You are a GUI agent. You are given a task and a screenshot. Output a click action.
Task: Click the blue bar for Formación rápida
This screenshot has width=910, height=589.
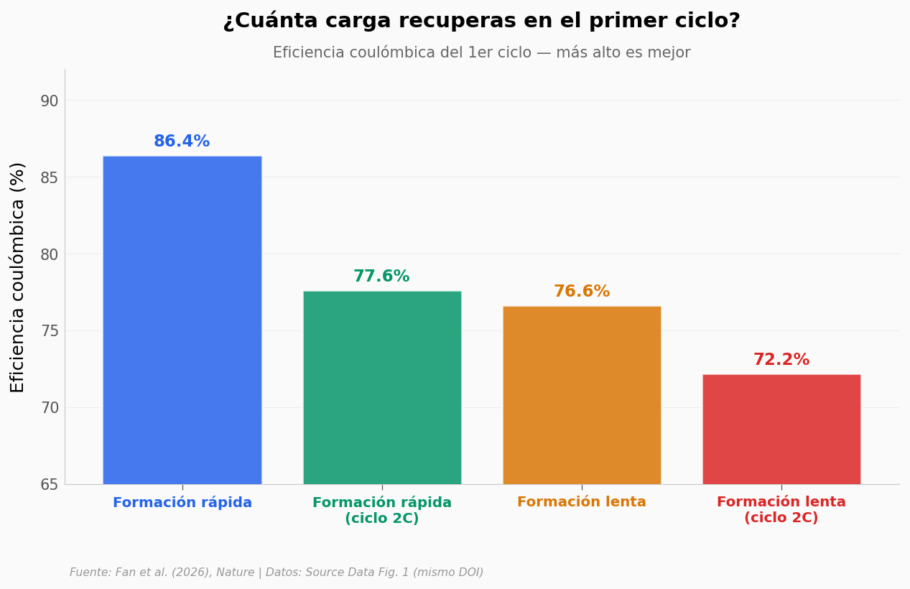pos(182,320)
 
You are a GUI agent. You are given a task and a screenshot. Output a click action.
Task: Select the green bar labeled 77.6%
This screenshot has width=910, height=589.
pos(382,388)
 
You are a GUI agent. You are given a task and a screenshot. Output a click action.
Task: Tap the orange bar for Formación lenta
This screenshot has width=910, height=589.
pos(582,395)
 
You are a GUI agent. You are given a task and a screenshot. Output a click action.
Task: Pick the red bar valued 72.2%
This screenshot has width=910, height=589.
pos(781,430)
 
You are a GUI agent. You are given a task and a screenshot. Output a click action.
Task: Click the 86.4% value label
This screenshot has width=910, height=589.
pos(182,141)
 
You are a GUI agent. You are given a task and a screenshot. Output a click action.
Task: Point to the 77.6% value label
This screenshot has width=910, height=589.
pos(381,276)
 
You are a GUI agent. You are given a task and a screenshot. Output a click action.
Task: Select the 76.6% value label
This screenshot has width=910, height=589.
pos(582,291)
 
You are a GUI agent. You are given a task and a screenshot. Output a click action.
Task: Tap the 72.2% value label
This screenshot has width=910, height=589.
pos(781,359)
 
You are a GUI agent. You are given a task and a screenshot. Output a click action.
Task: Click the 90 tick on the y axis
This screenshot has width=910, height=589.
pos(49,101)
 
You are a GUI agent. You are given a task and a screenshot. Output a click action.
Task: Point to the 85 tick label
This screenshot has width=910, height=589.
pos(49,178)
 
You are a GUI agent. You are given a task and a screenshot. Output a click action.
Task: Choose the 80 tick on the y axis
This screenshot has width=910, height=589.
pos(49,255)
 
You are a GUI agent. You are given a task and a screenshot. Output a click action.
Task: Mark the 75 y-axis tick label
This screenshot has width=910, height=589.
pos(49,331)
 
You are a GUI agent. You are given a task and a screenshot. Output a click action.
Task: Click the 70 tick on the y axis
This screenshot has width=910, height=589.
pos(49,408)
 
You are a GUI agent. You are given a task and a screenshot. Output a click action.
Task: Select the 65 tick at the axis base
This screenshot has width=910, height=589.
pos(49,485)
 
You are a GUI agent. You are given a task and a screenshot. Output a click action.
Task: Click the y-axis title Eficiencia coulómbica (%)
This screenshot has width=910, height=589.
pos(17,278)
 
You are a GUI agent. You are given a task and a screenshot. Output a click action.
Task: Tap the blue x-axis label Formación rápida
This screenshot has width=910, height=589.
pos(182,503)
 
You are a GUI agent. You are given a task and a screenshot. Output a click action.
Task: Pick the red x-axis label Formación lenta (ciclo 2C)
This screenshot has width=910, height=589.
pos(781,510)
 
